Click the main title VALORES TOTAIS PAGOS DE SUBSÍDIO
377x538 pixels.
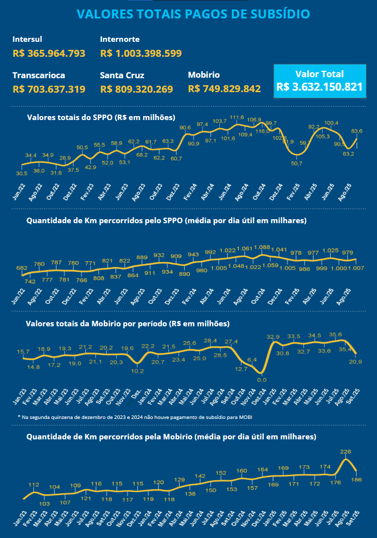193,14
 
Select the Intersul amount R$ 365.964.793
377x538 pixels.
49,53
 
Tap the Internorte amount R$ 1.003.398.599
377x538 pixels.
141,53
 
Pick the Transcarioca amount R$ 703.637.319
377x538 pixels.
49,89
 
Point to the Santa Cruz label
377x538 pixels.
122,75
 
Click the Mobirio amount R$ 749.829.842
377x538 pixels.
224,89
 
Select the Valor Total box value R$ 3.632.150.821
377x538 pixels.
320,86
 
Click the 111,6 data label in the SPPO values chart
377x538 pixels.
237,118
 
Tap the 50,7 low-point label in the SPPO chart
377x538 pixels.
297,163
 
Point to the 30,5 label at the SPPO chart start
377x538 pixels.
22,173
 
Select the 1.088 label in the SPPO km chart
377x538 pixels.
262,247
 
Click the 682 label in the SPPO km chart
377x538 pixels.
22,268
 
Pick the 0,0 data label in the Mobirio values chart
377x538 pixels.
261,380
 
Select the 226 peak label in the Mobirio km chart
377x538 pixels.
346,451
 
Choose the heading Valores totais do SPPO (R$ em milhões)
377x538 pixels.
101,118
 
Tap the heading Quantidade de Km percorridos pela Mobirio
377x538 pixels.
171,437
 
